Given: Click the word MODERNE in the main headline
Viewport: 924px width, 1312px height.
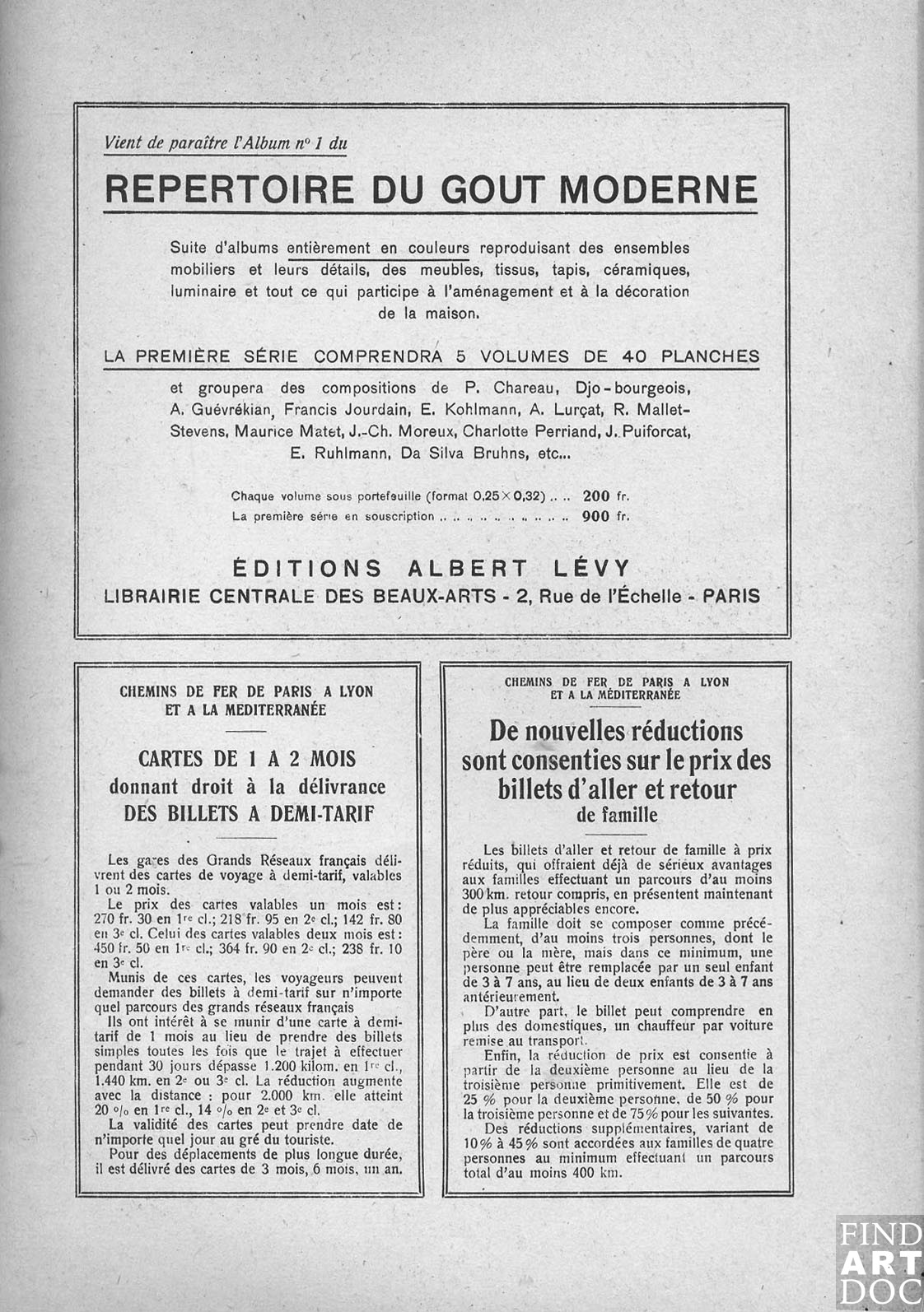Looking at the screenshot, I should (658, 189).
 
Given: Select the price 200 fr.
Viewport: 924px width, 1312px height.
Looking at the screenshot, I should (605, 496).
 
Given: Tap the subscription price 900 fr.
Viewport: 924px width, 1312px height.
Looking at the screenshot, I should (605, 517).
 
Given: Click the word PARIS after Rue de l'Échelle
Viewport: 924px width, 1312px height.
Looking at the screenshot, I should (730, 596).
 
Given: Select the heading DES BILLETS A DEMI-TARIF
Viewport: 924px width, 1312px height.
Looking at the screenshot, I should (249, 814).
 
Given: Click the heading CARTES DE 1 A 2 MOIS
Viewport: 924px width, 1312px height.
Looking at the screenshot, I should (247, 759).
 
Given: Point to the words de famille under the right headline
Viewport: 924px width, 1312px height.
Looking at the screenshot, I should (617, 816).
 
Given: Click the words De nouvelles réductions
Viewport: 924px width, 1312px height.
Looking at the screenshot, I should (616, 731).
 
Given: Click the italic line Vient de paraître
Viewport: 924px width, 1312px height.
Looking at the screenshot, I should (225, 142).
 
